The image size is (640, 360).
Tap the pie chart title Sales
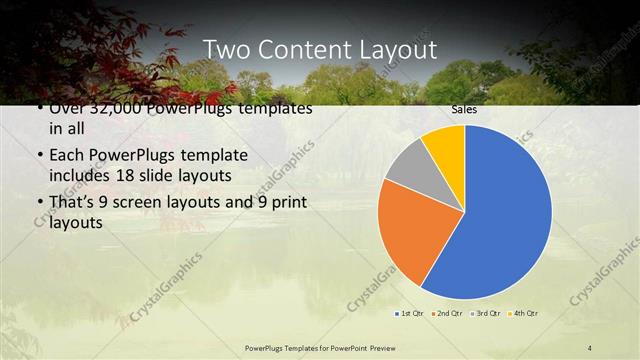point(464,109)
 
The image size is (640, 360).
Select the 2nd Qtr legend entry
point(447,314)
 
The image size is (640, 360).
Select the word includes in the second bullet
point(80,177)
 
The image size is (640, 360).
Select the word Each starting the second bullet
point(66,157)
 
